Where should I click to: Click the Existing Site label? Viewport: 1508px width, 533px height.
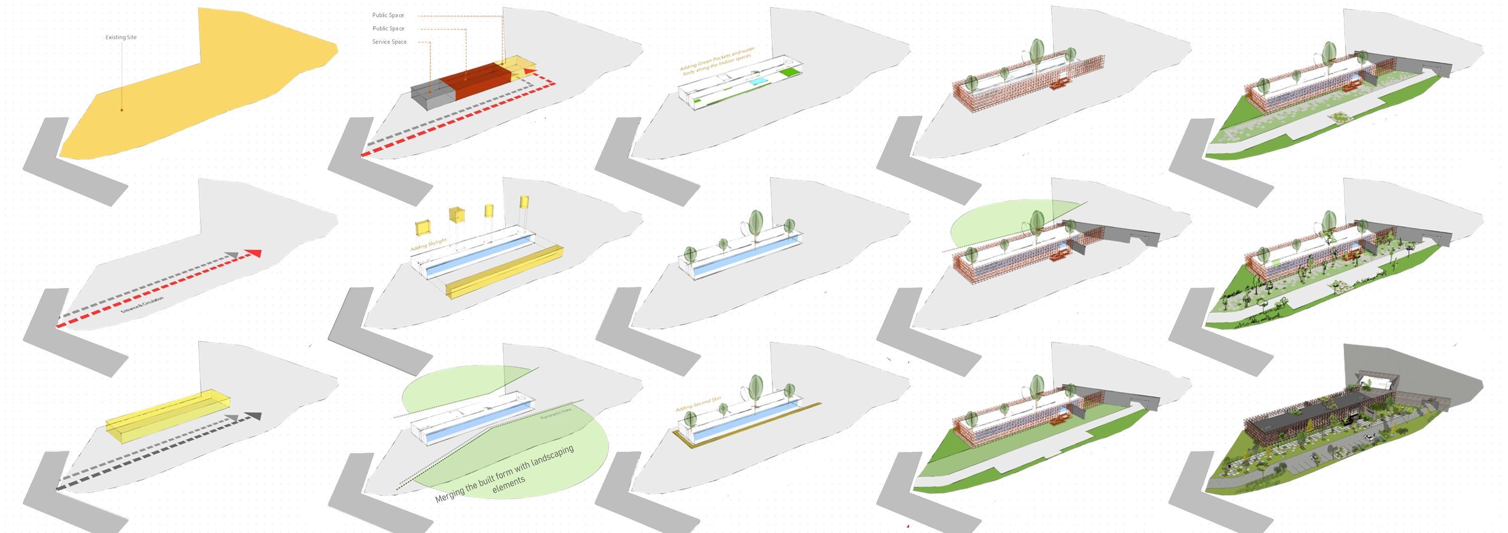121,37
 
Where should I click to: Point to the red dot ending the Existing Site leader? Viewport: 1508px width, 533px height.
122,110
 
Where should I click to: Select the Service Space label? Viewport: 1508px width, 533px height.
389,42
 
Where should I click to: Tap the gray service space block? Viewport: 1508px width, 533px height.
431,95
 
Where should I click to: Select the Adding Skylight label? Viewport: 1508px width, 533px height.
428,244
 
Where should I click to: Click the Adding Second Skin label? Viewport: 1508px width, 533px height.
698,404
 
